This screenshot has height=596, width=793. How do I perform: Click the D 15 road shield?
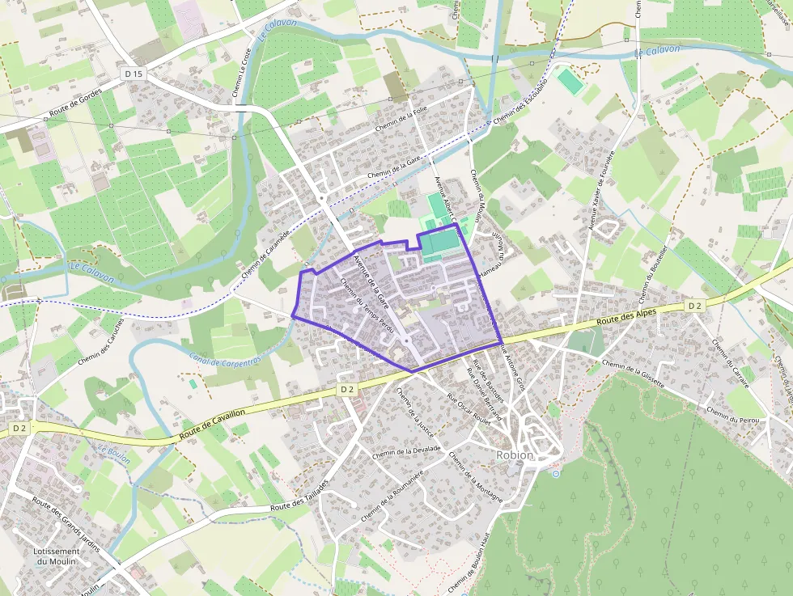pyautogui.click(x=134, y=74)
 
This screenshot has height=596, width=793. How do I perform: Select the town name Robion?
pyautogui.click(x=515, y=455)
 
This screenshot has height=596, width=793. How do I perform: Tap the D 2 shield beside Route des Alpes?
pyautogui.click(x=694, y=306)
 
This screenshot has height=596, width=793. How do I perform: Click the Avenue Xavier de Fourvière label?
pyautogui.click(x=604, y=191)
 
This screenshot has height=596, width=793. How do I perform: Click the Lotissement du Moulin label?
pyautogui.click(x=57, y=556)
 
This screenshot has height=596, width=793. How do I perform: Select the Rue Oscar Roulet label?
pyautogui.click(x=470, y=409)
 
